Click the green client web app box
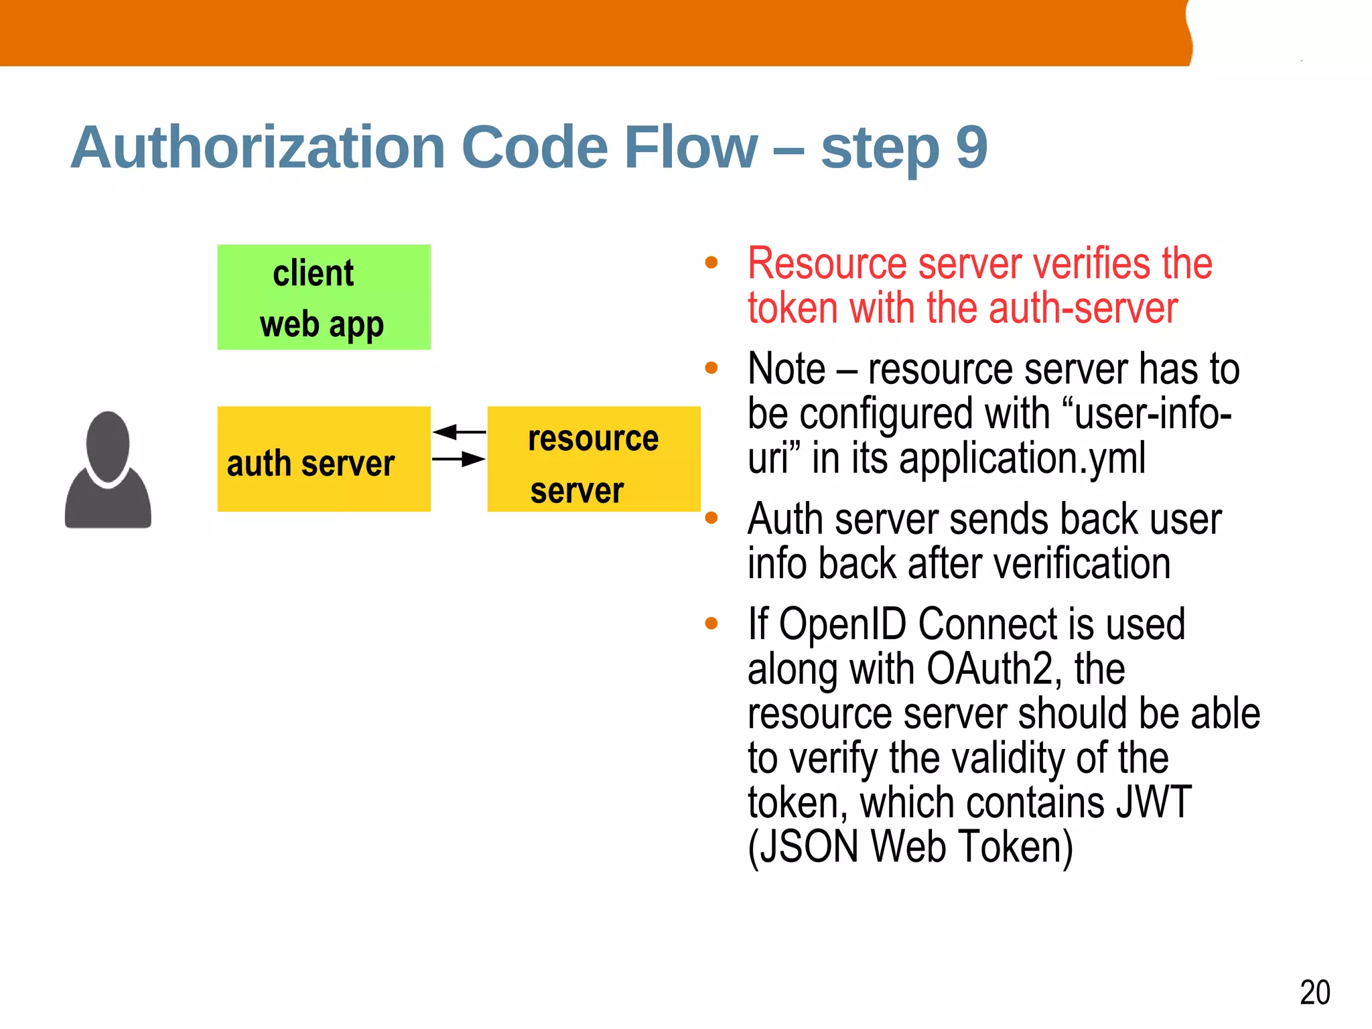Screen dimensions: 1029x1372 (324, 297)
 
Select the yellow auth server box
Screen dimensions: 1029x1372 (324, 459)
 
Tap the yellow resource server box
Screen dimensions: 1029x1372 (594, 459)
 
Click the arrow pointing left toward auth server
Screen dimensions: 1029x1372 (458, 432)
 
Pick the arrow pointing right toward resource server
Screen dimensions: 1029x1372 (460, 459)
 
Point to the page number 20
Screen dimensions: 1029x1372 (1314, 992)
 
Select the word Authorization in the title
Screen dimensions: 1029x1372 (258, 147)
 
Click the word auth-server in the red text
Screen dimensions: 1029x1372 (1083, 308)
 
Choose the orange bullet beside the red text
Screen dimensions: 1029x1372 (711, 263)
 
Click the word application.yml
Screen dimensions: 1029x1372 (1022, 458)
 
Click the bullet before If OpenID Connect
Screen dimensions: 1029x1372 (711, 624)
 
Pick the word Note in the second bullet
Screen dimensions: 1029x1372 (786, 369)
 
